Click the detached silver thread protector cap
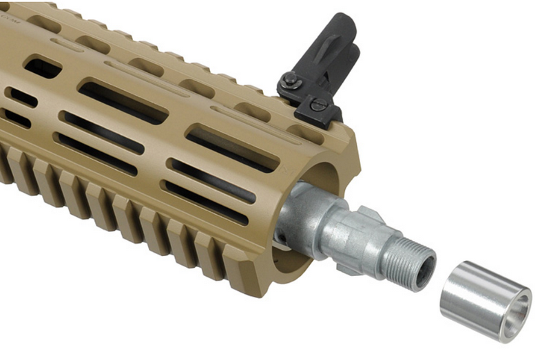click(486, 301)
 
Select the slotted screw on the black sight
click(319, 105)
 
